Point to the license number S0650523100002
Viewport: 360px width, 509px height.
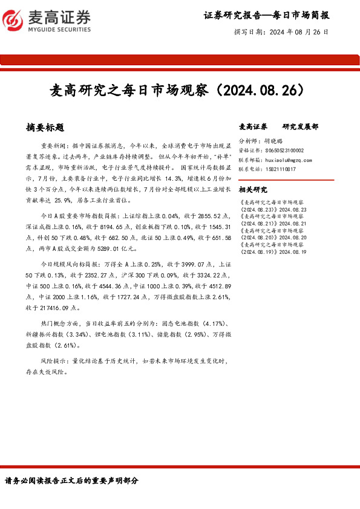click(x=284, y=150)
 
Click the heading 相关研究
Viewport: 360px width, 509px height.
click(x=253, y=189)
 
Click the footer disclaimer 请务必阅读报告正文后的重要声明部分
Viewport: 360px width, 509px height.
click(x=71, y=481)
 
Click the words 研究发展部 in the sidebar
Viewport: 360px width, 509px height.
click(x=300, y=127)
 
